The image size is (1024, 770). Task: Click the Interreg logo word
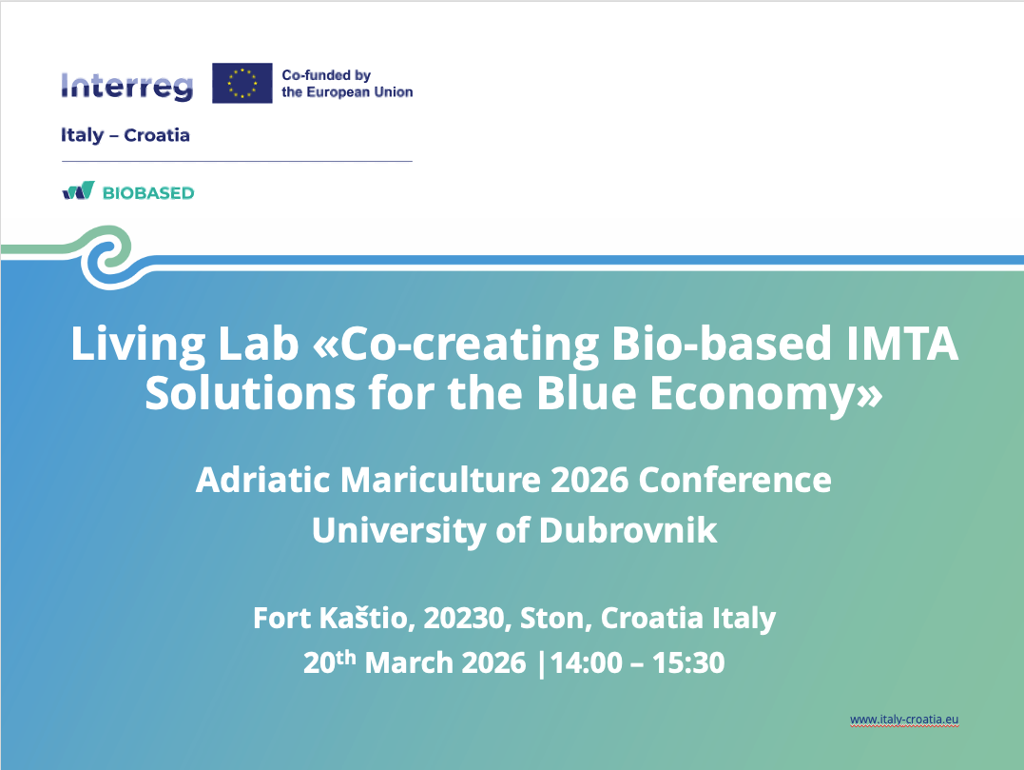coord(127,87)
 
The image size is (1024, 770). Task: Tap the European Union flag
coord(242,83)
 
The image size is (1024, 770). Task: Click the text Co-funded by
coord(326,75)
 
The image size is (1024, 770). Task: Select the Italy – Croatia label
coord(126,135)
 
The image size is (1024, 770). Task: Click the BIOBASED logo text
coord(148,193)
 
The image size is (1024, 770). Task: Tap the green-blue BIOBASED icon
coord(78,190)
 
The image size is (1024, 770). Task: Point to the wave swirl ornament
coord(107,257)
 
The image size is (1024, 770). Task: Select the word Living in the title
coord(138,345)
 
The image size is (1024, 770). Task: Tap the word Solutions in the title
coord(250,393)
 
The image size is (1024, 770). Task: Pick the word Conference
coord(735,480)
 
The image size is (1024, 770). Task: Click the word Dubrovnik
coord(628,530)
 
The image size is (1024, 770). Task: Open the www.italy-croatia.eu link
coord(904,720)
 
